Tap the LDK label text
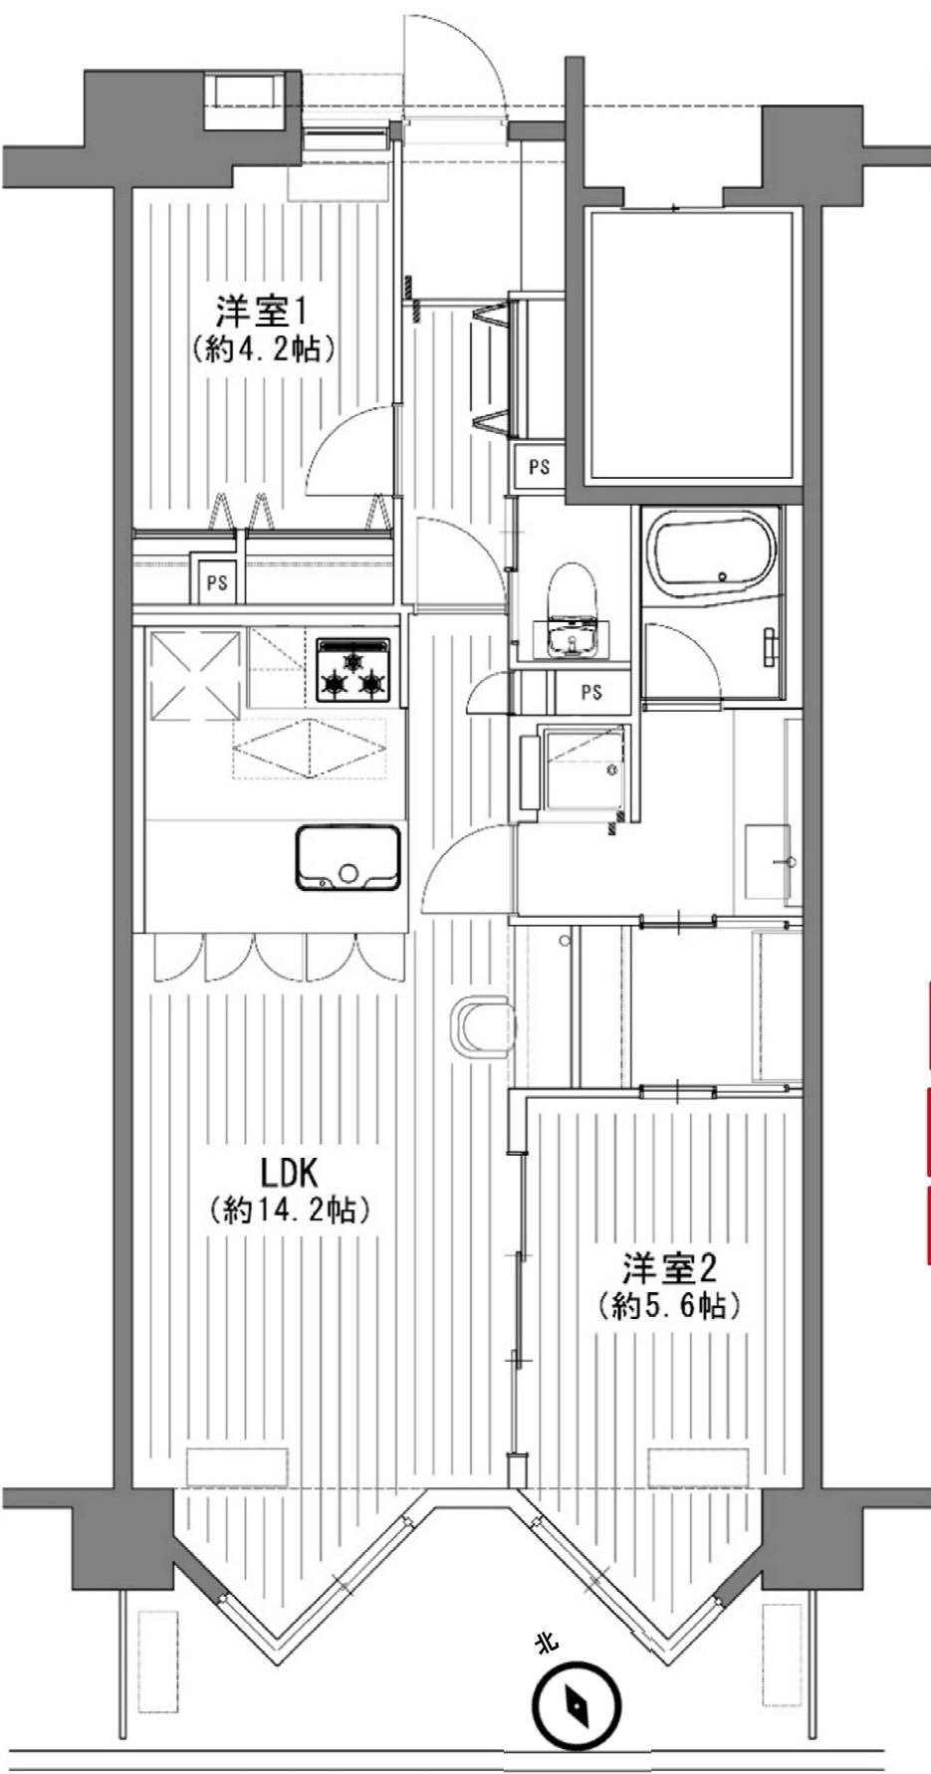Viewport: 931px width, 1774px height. pyautogui.click(x=294, y=1173)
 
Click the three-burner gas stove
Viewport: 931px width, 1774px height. pyautogui.click(x=353, y=669)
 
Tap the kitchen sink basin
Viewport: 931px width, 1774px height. pyautogui.click(x=348, y=858)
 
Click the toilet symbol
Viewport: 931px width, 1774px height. pyautogui.click(x=570, y=614)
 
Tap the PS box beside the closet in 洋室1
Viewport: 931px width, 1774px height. pyautogui.click(x=217, y=584)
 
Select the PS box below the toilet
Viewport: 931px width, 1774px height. pyautogui.click(x=591, y=692)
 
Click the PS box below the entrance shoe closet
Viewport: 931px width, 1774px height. pyautogui.click(x=539, y=466)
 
